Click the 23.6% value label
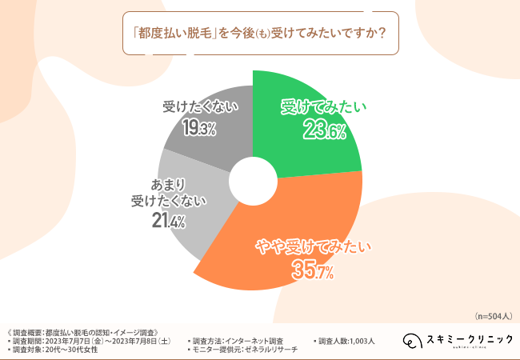[324, 130]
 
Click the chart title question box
[259, 34]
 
